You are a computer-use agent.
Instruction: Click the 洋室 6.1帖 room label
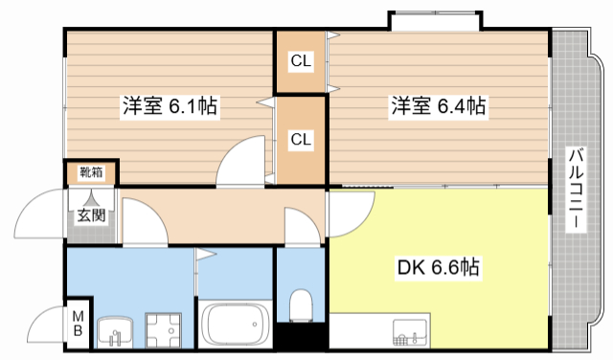(170, 106)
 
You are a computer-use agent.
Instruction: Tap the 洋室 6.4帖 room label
(438, 106)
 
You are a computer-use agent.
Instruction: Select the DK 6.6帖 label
(439, 269)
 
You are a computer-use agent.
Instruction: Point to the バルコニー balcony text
(576, 187)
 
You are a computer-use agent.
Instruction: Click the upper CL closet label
(301, 62)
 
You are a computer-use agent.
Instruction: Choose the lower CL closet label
(301, 140)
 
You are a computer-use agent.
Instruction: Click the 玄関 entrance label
(91, 214)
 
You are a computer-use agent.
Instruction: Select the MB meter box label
(78, 326)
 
